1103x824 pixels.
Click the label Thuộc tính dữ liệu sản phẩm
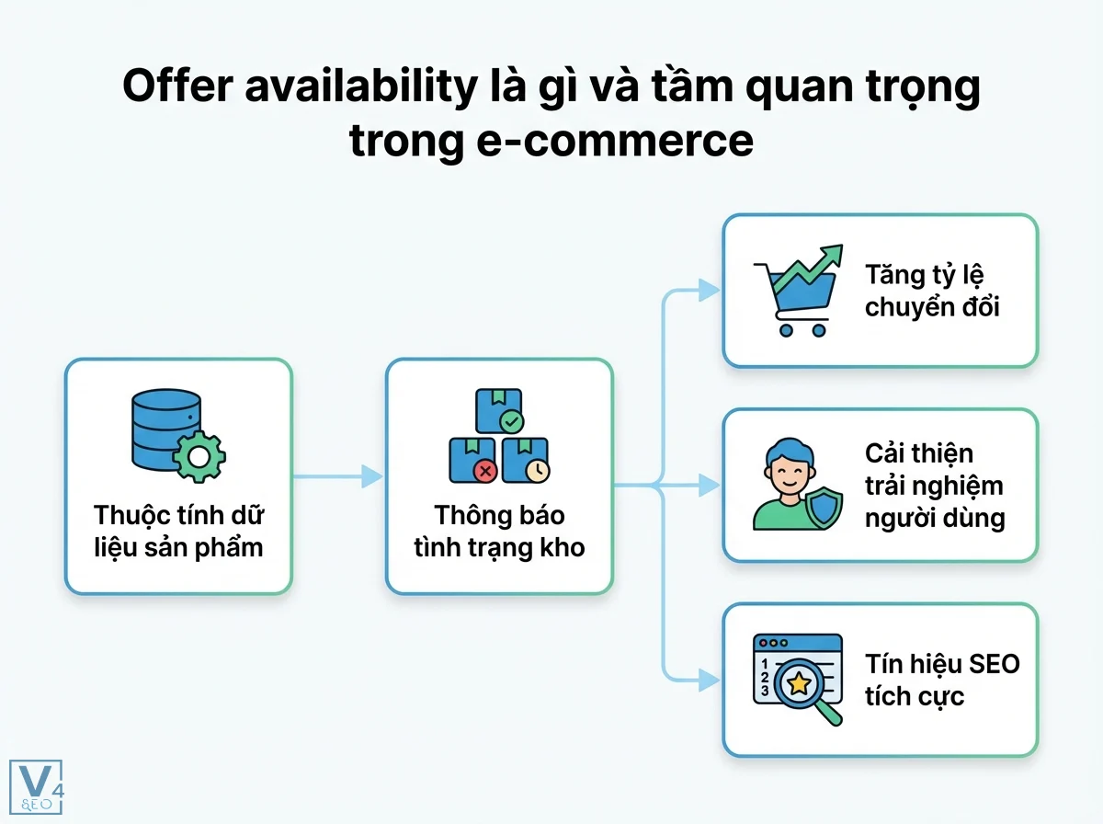point(178,532)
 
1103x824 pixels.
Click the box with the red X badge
point(472,460)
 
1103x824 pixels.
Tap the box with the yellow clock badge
point(527,460)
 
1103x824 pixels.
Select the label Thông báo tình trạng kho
point(499,532)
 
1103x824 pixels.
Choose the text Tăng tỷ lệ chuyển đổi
point(931,291)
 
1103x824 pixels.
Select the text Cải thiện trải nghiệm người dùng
point(934,486)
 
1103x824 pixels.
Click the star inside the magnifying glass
point(798,682)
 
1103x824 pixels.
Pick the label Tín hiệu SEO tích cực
point(941,680)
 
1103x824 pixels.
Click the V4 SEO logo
point(35,786)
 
